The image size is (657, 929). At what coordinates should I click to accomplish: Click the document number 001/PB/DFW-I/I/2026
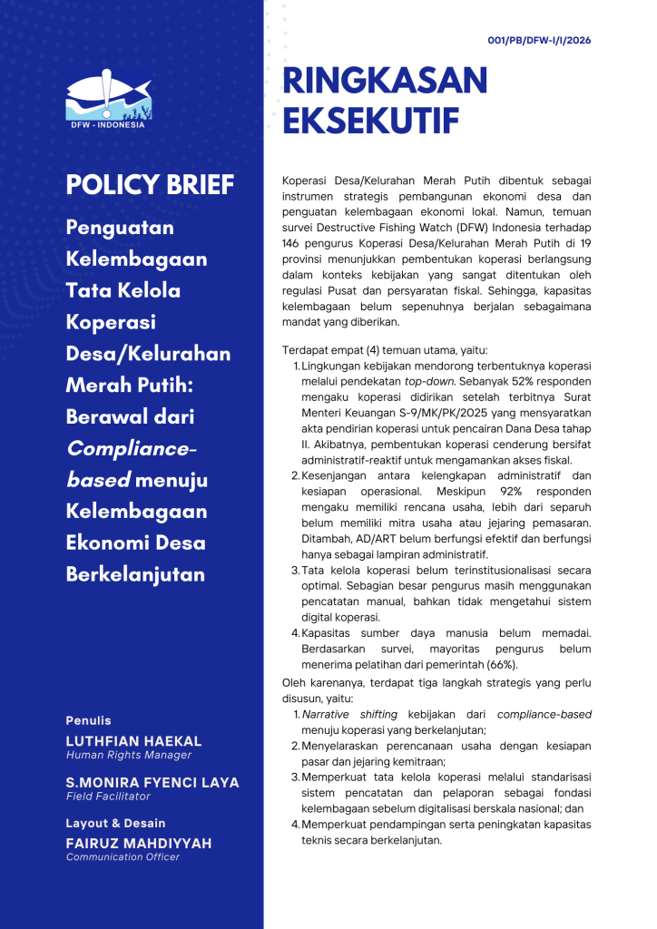[540, 40]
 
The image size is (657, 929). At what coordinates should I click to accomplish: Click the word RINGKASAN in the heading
[386, 81]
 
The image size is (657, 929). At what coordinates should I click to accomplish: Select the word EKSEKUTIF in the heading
[371, 121]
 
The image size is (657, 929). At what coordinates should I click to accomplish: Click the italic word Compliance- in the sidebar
[131, 448]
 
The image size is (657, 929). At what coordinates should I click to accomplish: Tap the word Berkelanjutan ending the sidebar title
[135, 574]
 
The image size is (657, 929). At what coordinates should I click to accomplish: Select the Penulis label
[88, 720]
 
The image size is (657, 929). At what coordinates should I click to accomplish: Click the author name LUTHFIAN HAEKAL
[133, 742]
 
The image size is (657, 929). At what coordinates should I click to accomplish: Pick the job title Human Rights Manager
[128, 755]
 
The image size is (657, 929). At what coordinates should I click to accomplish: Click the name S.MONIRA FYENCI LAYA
[152, 783]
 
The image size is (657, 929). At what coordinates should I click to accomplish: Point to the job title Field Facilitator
[108, 797]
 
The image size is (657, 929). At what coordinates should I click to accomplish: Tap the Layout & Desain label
[115, 824]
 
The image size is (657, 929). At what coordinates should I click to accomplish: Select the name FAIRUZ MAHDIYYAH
[139, 844]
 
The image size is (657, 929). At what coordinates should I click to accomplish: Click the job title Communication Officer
[123, 856]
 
